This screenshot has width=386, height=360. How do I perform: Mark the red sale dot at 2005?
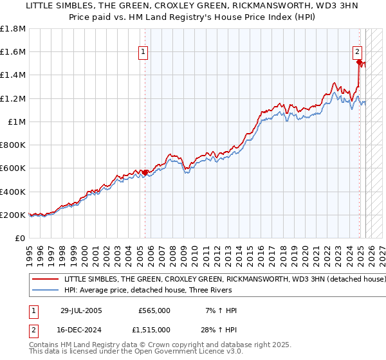tap(145, 172)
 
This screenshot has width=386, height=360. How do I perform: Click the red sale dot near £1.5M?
tap(359, 62)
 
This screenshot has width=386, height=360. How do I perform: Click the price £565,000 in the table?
tap(154, 310)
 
